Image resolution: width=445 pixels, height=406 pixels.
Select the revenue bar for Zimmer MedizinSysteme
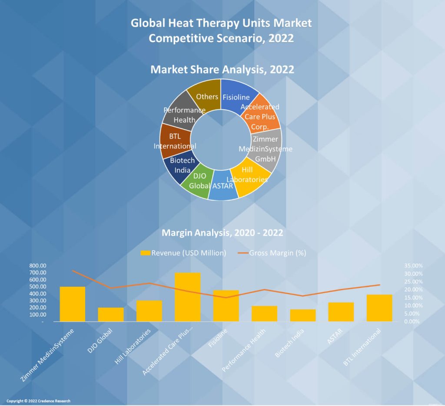click(x=73, y=304)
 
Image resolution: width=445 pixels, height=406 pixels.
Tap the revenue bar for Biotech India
click(x=302, y=315)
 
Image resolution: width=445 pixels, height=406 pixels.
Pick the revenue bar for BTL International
click(x=379, y=308)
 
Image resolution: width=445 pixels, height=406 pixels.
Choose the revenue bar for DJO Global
click(x=111, y=314)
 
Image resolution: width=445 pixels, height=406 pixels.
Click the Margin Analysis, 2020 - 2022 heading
click(x=222, y=233)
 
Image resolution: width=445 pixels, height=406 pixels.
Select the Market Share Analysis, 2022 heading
click(x=222, y=69)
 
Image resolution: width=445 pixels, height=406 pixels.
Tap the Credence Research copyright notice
click(x=38, y=401)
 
